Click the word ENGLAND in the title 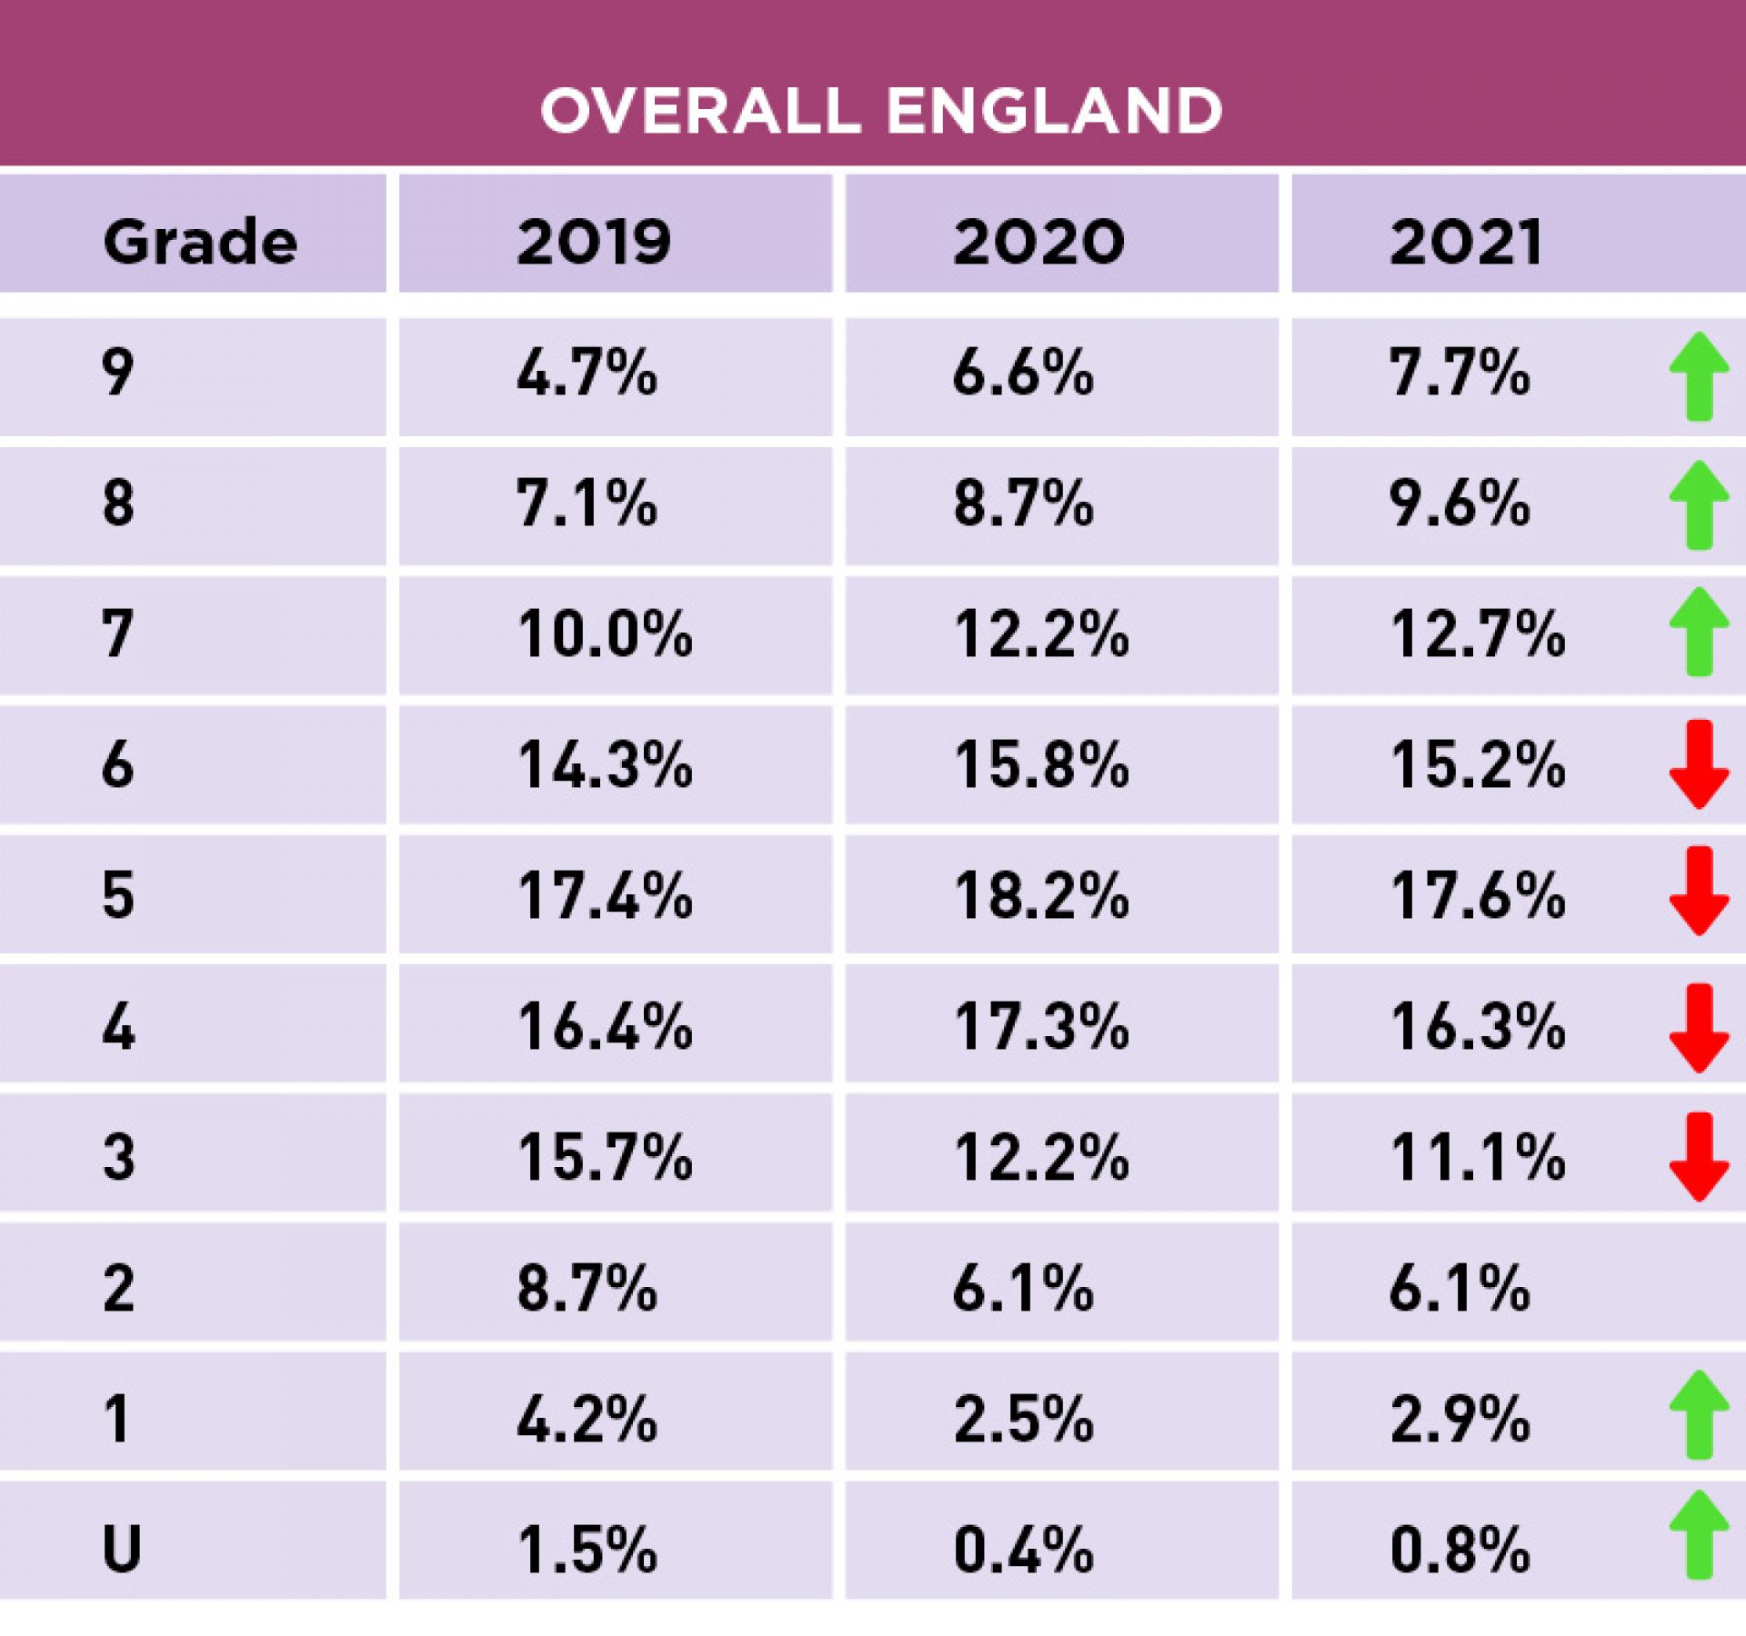click(x=1054, y=111)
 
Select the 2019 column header click(x=594, y=242)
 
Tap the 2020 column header click(x=1039, y=242)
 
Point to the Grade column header click(x=200, y=242)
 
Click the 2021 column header click(x=1466, y=242)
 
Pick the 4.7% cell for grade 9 click(x=587, y=374)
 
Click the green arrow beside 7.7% click(x=1698, y=376)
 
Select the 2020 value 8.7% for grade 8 click(x=1023, y=504)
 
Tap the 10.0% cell click(x=605, y=633)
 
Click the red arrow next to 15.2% click(x=1698, y=764)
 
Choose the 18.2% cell click(x=1041, y=895)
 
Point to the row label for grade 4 click(x=118, y=1027)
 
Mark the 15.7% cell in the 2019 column click(x=605, y=1157)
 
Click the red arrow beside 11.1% click(x=1698, y=1157)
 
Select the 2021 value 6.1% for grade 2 click(x=1460, y=1288)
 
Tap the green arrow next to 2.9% click(x=1698, y=1414)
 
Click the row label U click(x=121, y=1549)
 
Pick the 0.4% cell click(x=1023, y=1549)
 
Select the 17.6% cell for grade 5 click(x=1478, y=895)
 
